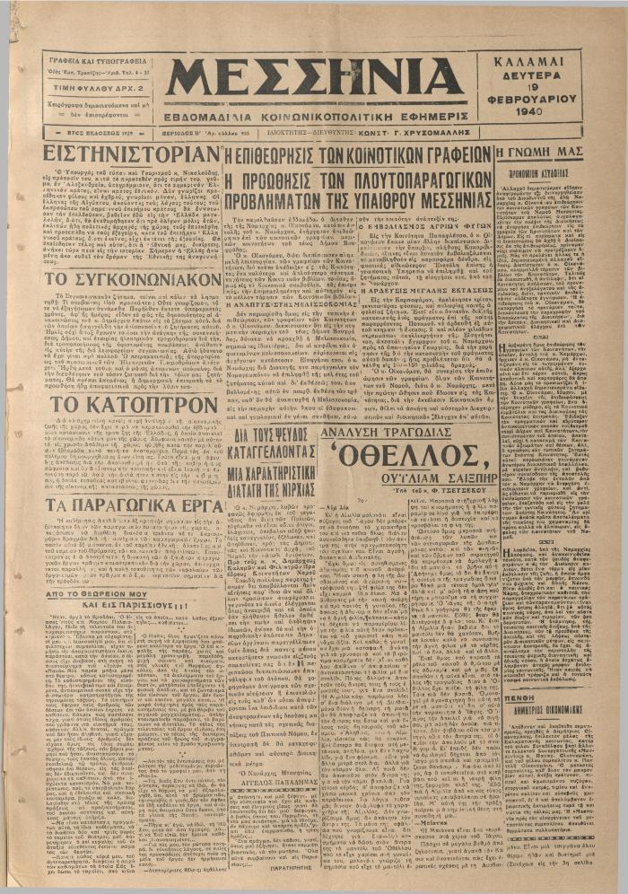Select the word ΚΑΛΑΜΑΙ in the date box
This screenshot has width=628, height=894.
tap(538, 63)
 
